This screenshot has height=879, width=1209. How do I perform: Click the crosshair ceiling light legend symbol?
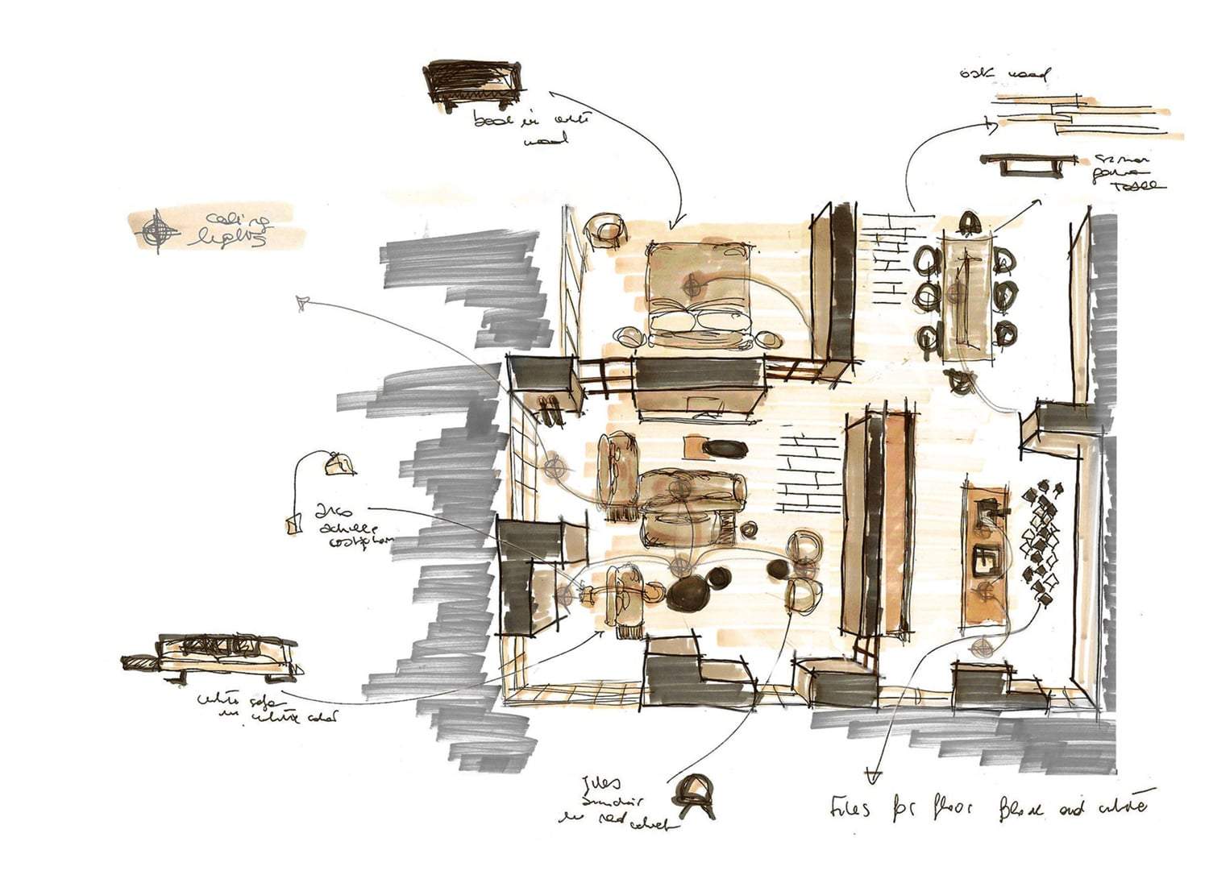pos(159,230)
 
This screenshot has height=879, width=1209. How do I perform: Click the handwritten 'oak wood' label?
pos(1004,75)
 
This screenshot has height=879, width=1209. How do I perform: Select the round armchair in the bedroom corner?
pos(606,229)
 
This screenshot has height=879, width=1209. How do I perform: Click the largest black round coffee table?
pos(689,595)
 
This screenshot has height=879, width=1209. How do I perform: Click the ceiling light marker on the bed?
pos(691,284)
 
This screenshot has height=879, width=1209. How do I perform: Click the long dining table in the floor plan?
pos(966,298)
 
